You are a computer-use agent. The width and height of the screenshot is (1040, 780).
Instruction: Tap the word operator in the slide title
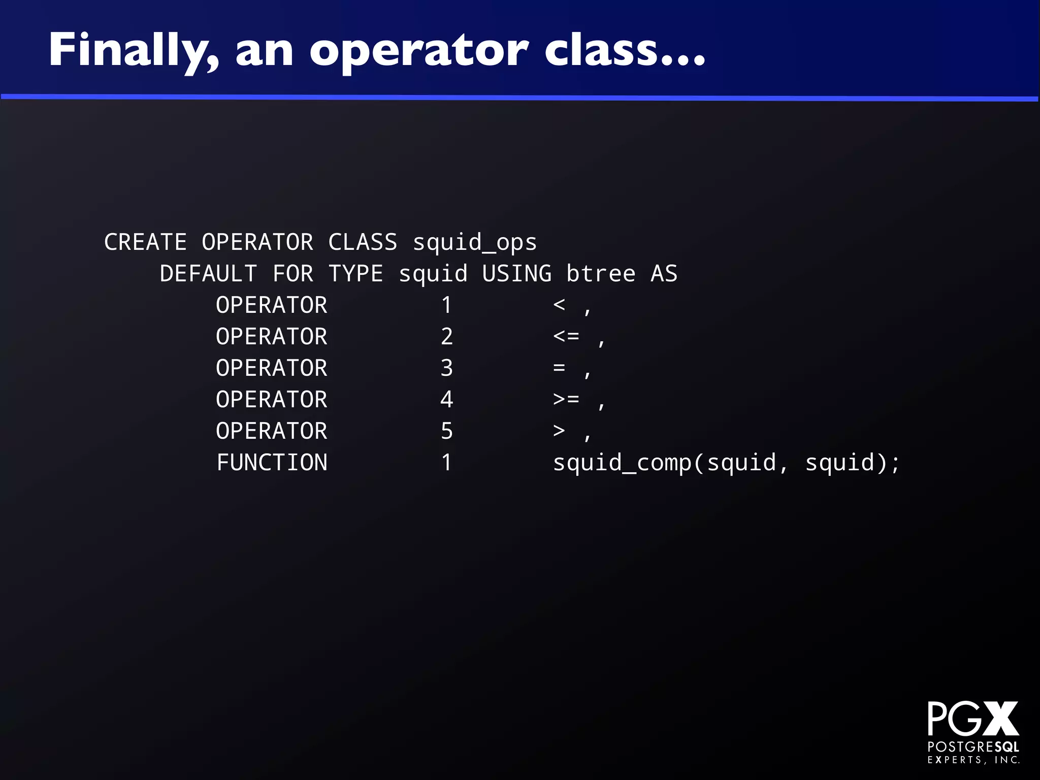[x=419, y=51]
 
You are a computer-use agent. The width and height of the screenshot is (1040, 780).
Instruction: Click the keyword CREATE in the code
[x=145, y=242]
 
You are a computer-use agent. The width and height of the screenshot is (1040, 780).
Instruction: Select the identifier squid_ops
[x=474, y=242]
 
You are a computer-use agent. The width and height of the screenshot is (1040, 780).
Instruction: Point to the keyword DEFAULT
[x=208, y=274]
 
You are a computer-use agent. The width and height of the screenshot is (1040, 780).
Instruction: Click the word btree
[x=600, y=274]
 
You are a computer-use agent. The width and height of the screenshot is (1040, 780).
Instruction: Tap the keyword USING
[x=516, y=274]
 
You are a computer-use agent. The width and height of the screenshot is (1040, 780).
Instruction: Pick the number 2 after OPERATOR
[x=446, y=337]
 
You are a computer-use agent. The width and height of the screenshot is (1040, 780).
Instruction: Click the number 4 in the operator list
[x=446, y=400]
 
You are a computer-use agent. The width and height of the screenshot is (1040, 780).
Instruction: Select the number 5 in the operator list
[x=446, y=431]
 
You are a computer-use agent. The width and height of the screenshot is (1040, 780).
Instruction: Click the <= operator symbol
[x=566, y=336]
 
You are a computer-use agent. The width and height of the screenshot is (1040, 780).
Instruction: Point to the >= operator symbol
[x=566, y=399]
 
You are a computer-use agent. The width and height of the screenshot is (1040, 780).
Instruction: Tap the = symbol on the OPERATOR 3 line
[x=559, y=367]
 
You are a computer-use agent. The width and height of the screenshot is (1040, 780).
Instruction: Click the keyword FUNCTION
[x=272, y=463]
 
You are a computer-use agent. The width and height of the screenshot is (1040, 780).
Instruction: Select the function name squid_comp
[x=622, y=463]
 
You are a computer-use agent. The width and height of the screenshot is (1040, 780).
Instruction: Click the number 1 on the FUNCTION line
[x=446, y=463]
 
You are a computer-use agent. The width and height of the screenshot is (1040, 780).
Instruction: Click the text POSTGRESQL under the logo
[x=973, y=746]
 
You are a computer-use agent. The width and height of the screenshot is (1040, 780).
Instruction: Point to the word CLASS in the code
[x=363, y=242]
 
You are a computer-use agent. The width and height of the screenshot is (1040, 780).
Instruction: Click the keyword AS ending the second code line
[x=664, y=274]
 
